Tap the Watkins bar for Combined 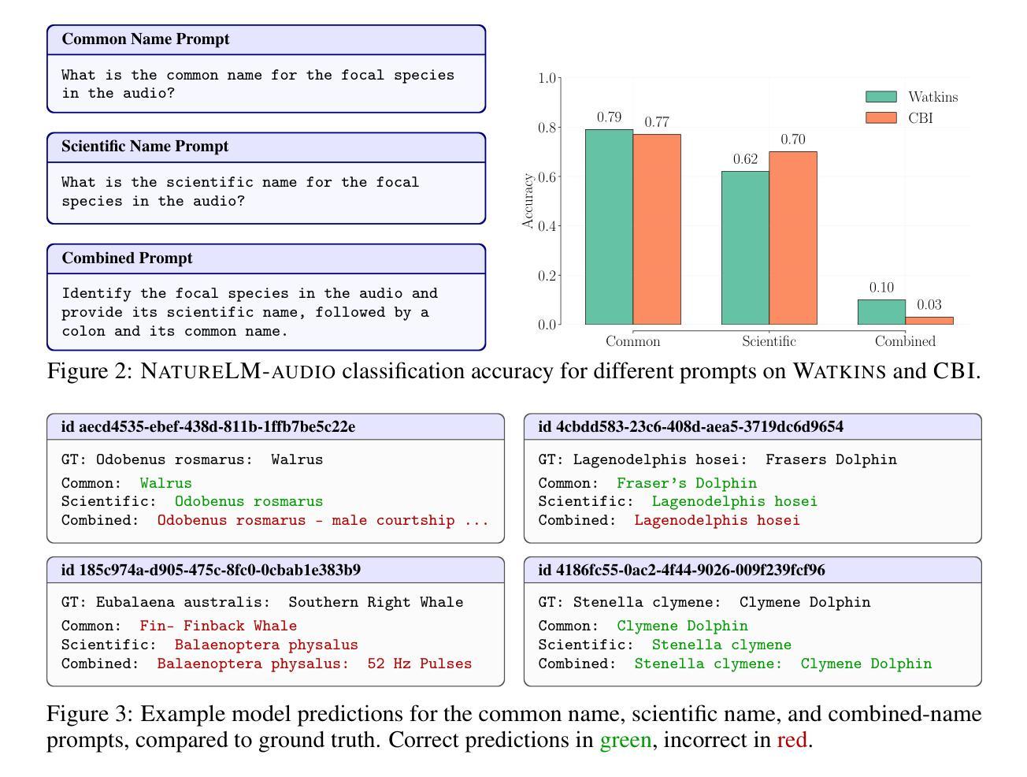click(881, 312)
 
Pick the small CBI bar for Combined click(929, 321)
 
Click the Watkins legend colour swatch click(881, 97)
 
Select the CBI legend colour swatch click(881, 118)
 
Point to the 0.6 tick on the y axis click(547, 177)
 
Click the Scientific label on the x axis click(769, 341)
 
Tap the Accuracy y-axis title click(528, 202)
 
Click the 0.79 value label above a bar click(609, 117)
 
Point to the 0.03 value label click(929, 305)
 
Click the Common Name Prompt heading click(146, 39)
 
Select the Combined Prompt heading click(127, 258)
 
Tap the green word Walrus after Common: click(165, 483)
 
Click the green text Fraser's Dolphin click(686, 483)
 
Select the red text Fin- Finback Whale click(218, 626)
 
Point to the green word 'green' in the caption click(625, 740)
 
